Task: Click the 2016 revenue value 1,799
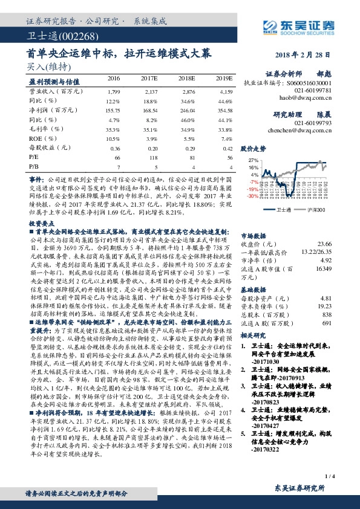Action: pos(113,91)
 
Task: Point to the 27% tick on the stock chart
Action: pos(254,160)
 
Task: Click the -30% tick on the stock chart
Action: pos(253,196)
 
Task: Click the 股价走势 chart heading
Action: pos(253,148)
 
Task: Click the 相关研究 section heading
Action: pos(254,334)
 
